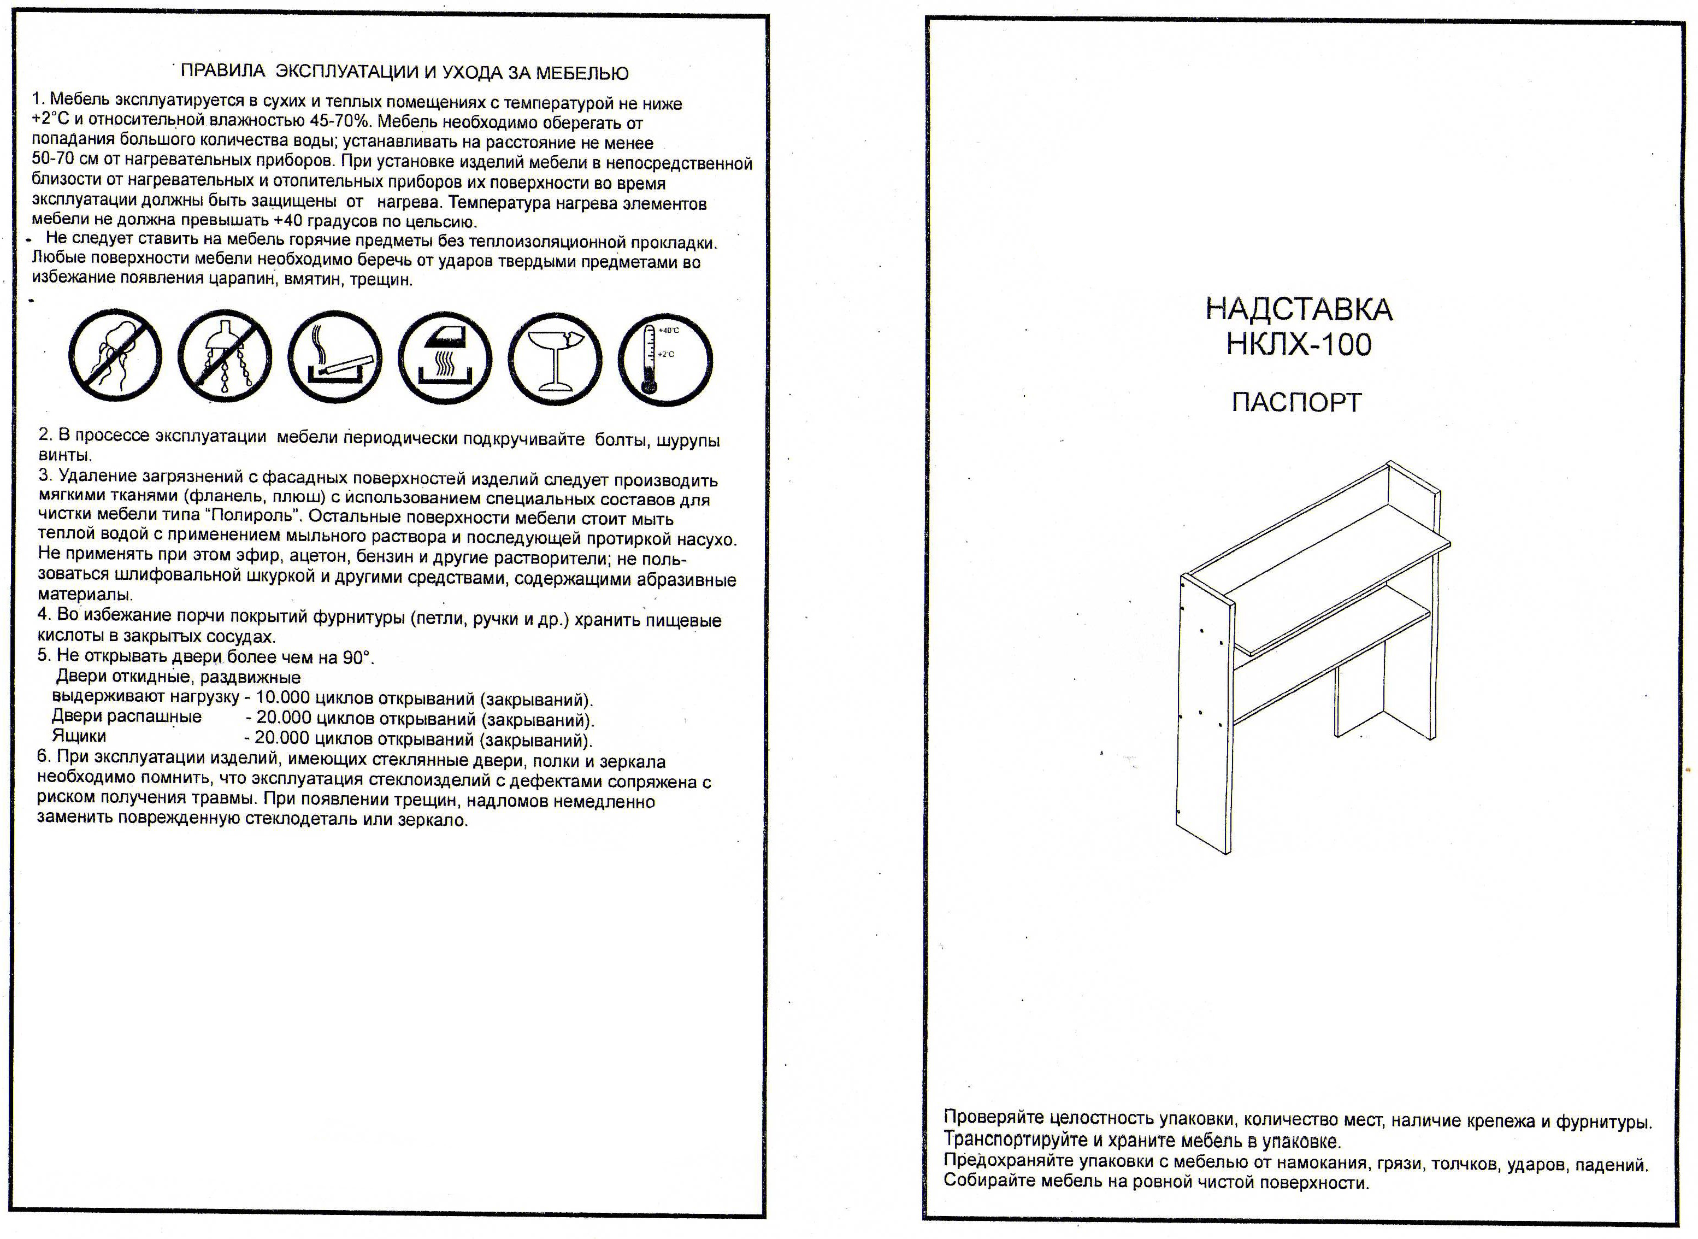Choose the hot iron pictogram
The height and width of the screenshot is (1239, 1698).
445,359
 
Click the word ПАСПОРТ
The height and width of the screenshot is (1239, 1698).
1296,403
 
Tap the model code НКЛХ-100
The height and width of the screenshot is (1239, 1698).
1299,344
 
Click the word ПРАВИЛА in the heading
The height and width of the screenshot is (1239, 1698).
223,71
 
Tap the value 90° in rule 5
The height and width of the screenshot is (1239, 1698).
356,657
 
